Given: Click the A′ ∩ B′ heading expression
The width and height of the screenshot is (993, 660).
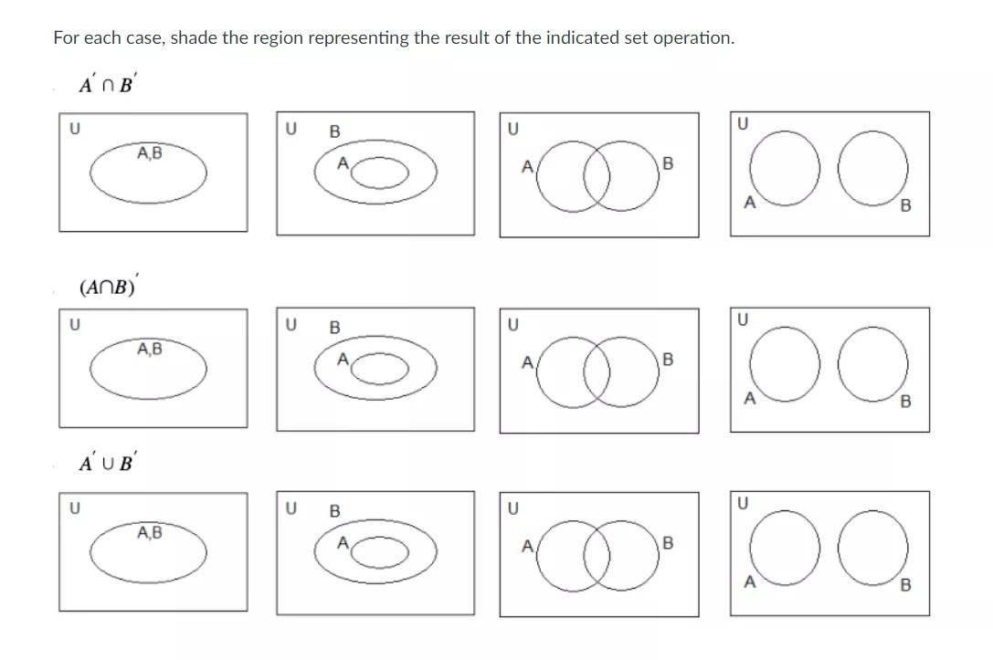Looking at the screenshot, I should [x=108, y=84].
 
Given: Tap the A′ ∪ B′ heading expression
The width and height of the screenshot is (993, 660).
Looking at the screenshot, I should [x=108, y=462].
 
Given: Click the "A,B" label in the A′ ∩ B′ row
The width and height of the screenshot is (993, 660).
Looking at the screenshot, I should [x=150, y=153].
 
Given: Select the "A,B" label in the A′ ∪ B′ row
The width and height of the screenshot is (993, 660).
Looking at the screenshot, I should [x=150, y=531].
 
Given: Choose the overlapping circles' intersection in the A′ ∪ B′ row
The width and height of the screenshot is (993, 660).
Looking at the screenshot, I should [x=597, y=554].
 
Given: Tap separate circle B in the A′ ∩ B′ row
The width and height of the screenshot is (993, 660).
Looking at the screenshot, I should [x=874, y=167].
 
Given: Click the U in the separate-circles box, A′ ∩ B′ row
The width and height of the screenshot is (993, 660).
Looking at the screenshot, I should [x=742, y=122].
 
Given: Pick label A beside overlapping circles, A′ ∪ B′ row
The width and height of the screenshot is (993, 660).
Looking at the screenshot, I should [x=527, y=547].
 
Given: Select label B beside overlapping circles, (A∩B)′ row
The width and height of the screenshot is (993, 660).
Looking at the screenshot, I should [x=667, y=360].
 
